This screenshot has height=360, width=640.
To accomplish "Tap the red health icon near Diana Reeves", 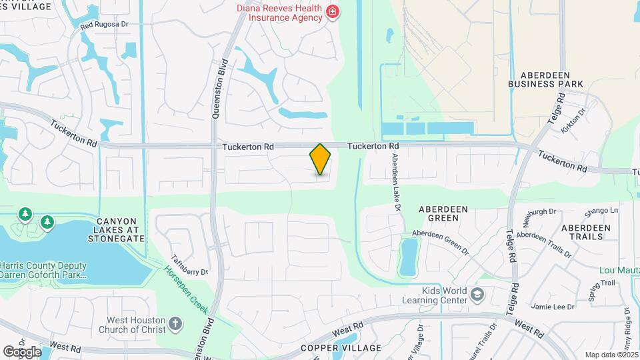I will [331, 12].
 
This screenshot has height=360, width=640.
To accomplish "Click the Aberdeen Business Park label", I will [545, 79].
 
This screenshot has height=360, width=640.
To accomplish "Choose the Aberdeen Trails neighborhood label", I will [586, 232].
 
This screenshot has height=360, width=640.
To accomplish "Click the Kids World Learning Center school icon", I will [477, 295].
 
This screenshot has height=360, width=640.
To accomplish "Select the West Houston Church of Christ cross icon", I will [175, 324].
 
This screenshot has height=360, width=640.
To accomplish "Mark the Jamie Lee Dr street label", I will [553, 307].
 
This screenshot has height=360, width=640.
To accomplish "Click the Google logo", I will [21, 351].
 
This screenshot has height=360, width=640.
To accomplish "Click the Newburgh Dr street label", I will [540, 212].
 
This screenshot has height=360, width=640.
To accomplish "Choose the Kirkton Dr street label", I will [573, 121].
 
